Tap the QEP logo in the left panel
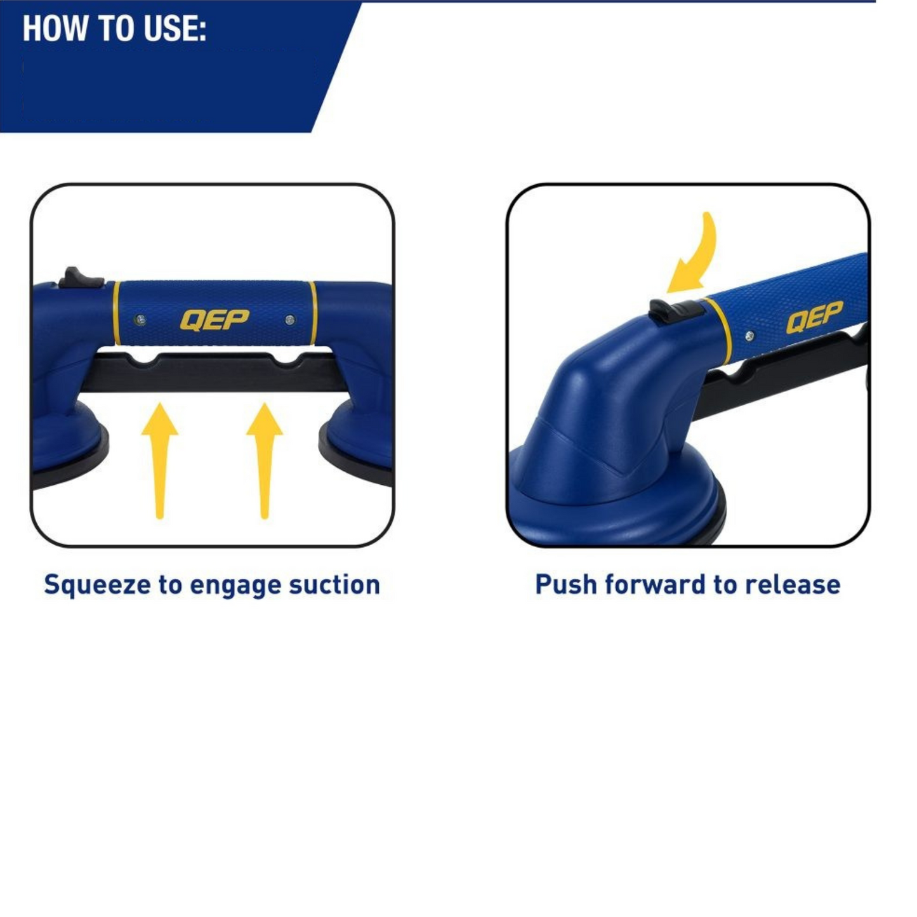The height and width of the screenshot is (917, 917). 214,320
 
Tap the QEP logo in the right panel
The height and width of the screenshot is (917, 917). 814,317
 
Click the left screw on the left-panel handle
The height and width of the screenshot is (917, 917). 140,320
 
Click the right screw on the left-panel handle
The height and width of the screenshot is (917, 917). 290,320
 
